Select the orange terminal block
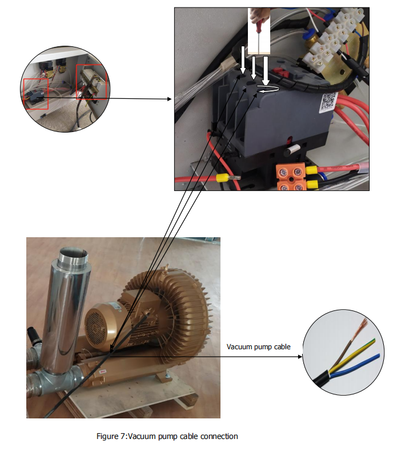point(291,177)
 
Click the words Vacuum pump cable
point(258,347)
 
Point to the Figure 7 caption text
point(167,436)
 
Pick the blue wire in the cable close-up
point(355,365)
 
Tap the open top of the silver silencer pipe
point(73,254)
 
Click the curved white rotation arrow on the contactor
point(268,89)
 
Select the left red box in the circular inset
point(36,94)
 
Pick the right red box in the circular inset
point(91,82)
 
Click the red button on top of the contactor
point(280,72)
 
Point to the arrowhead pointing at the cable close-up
point(300,357)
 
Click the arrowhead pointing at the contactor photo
point(170,99)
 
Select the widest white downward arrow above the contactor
point(266,70)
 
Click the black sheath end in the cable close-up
point(322,379)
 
